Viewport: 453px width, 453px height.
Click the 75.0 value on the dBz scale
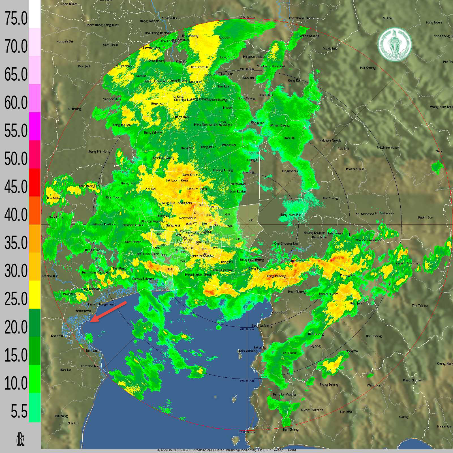pos(16,19)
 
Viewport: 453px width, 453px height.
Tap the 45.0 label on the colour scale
pos(16,187)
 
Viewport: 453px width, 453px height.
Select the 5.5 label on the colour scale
pos(19,411)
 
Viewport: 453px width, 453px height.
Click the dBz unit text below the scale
pos(20,440)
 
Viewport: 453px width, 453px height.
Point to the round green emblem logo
pos(394,44)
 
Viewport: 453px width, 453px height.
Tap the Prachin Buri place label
pos(355,169)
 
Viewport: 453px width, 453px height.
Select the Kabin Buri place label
pos(426,217)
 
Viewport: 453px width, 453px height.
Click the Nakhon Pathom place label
pos(104,224)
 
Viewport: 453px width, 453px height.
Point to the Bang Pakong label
pos(276,276)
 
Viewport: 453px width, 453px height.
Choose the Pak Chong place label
pos(368,68)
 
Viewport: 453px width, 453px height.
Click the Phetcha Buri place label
pos(90,366)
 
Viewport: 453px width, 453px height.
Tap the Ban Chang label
pos(291,430)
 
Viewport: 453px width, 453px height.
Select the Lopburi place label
pos(225,37)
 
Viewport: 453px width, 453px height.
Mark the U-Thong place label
pos(74,109)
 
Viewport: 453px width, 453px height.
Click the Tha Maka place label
pos(54,198)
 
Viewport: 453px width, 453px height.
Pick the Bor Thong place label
pos(374,336)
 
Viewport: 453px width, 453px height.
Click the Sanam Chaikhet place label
pos(407,263)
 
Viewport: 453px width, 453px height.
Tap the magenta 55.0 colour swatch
pos(35,126)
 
